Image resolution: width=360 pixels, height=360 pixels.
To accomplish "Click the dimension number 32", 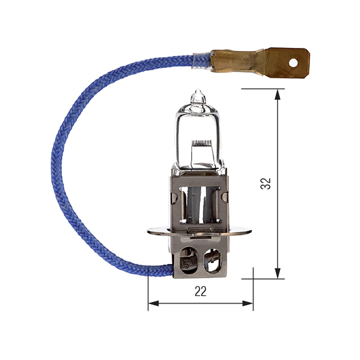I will (x=266, y=183).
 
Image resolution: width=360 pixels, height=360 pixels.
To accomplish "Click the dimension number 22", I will (x=201, y=291).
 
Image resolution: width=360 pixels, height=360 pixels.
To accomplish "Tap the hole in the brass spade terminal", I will (x=293, y=63).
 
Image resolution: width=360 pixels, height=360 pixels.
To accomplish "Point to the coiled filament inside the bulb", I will (x=201, y=143).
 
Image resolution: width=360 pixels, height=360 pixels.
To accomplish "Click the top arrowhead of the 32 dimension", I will (x=278, y=94).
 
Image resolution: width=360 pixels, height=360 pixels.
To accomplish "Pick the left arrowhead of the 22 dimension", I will (x=153, y=303).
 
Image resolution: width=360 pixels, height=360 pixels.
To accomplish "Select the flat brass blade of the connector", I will (x=288, y=63).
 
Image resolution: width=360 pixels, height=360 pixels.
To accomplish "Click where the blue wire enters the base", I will (x=171, y=270).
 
